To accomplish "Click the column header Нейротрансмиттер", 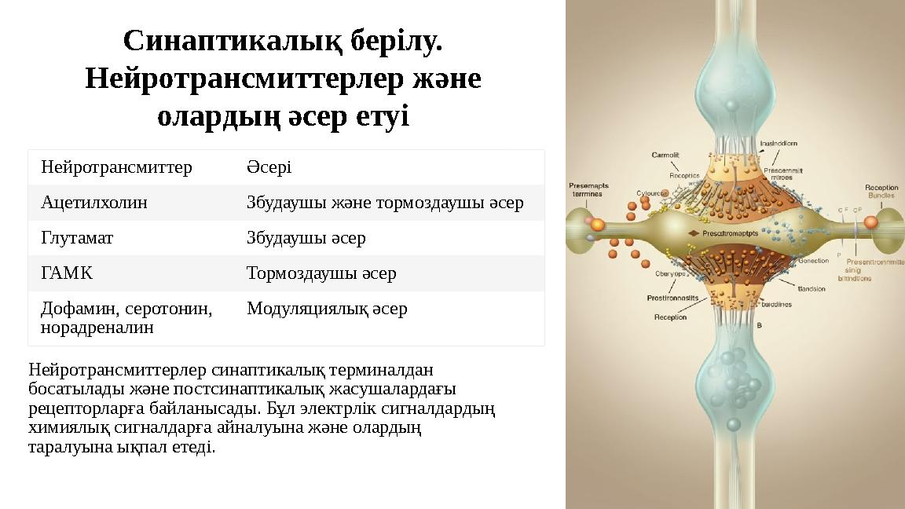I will click(116, 167).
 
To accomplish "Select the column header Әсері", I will click(269, 167).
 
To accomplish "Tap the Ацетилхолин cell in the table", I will click(94, 203).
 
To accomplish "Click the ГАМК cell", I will click(67, 273).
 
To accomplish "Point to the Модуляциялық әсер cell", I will click(327, 309).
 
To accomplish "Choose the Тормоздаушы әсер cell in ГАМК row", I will click(321, 273).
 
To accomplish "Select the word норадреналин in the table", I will click(97, 328).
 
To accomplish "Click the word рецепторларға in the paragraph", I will click(75, 408).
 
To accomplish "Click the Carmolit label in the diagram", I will click(665, 155).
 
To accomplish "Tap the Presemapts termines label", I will click(588, 189).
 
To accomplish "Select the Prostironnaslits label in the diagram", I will click(672, 298).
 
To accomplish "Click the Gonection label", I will click(812, 261).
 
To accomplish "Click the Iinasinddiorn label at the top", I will click(779, 144).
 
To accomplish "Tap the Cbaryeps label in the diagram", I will click(671, 274).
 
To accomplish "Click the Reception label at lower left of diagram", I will click(670, 317).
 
